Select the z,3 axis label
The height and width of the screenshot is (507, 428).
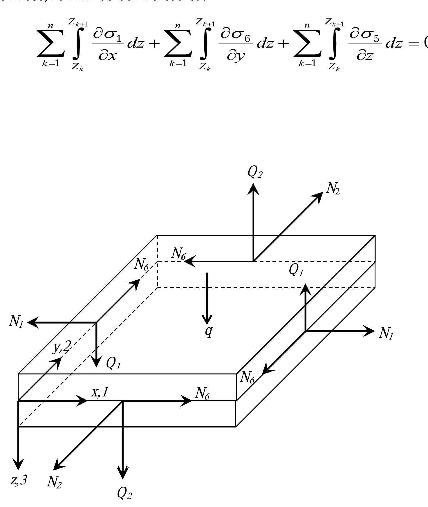19,480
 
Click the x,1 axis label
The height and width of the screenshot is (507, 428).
100,392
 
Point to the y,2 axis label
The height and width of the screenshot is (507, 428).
62,347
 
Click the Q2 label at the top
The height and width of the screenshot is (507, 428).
255,173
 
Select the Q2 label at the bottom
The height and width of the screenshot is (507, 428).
124,493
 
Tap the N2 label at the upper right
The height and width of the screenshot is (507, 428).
333,189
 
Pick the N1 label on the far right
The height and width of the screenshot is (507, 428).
386,333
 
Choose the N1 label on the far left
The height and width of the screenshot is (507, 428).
16,322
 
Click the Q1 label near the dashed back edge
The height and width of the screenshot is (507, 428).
296,270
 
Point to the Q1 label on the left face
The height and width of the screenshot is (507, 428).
113,363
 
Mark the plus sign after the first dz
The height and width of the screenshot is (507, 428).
154,44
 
